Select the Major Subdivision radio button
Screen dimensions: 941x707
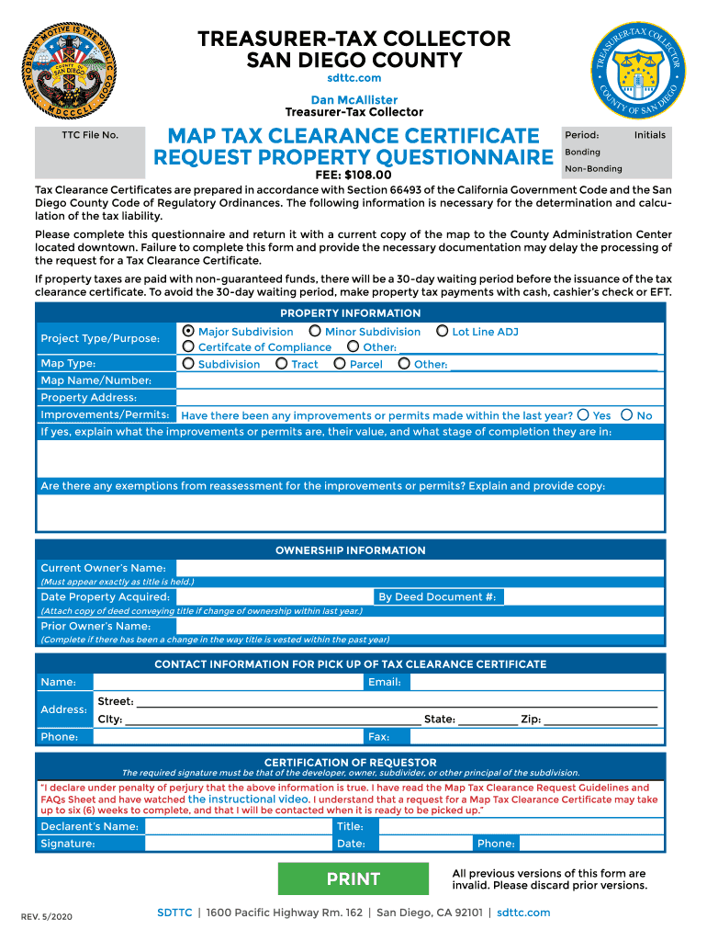pos(189,332)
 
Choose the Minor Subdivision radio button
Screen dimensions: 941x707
pos(315,332)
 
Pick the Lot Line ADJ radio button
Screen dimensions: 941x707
pos(443,332)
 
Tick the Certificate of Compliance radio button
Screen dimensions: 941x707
pos(189,347)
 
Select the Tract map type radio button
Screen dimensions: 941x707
pos(282,364)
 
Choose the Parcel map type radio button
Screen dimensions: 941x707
pos(341,364)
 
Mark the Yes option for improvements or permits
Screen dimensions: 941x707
pos(583,415)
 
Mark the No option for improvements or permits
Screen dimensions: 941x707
pos(627,415)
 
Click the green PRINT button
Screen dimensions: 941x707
pos(353,879)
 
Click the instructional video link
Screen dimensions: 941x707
pos(248,799)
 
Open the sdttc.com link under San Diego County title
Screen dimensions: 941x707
pos(353,78)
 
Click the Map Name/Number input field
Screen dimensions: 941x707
pos(419,380)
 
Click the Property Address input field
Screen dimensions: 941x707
pos(419,398)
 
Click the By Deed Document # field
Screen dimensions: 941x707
pos(583,597)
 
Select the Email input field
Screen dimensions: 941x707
pos(536,682)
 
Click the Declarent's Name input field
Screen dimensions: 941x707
pos(237,826)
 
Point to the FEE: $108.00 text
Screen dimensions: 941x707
pos(353,176)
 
